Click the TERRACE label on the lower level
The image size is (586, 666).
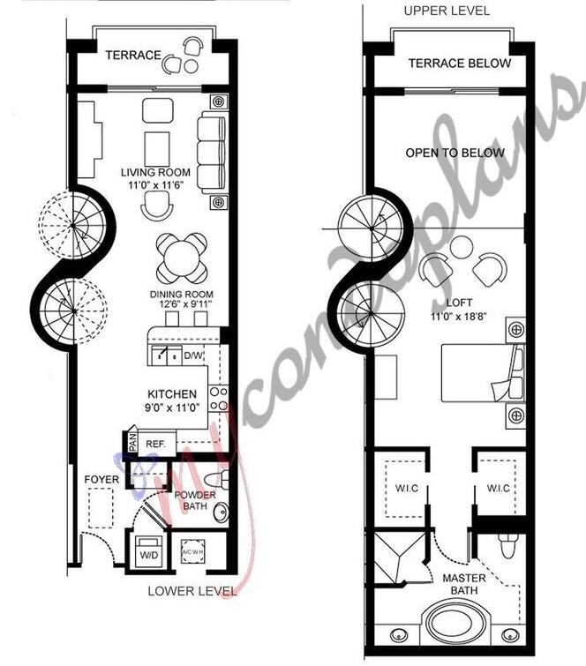click(133, 56)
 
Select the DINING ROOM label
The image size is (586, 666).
click(181, 295)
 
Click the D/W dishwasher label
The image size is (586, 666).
click(193, 356)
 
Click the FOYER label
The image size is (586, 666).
click(101, 479)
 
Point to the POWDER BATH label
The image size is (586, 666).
click(193, 500)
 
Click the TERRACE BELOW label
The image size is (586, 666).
click(459, 63)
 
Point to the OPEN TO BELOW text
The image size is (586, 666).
click(455, 153)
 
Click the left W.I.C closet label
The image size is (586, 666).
click(406, 489)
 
